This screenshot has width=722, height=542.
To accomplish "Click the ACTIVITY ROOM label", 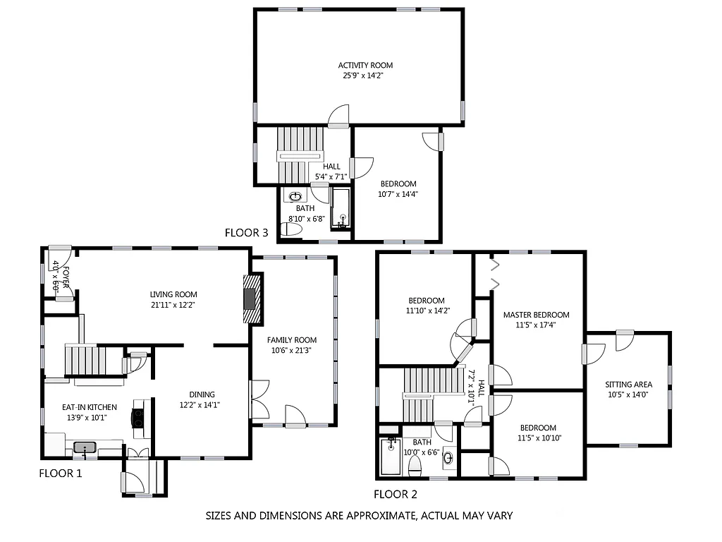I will tap(365, 66).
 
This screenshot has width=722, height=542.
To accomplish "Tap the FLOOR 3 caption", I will tap(246, 232).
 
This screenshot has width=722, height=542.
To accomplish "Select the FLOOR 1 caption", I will tap(60, 474).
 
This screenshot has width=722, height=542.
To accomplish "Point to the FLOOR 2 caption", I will tap(395, 494).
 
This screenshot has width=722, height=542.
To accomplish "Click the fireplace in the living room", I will tap(250, 299).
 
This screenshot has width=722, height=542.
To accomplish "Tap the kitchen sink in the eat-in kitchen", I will tap(85, 447).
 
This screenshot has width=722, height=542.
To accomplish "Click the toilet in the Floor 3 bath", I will tap(290, 229).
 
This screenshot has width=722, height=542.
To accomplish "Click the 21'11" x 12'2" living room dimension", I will tap(173, 305).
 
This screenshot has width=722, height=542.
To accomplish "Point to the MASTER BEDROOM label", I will tap(536, 315).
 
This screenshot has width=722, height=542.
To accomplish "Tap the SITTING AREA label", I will tap(628, 385).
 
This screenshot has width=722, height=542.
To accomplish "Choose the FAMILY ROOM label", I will tap(291, 339).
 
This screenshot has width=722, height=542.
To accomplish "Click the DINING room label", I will tap(202, 395).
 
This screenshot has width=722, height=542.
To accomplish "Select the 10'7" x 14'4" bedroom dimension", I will tap(398, 194).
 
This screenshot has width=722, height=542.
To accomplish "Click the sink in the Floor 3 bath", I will tap(296, 197).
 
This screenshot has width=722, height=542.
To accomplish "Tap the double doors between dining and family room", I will tap(259, 400).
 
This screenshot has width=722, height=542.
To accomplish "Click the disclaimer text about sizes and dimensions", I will tap(358, 516).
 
